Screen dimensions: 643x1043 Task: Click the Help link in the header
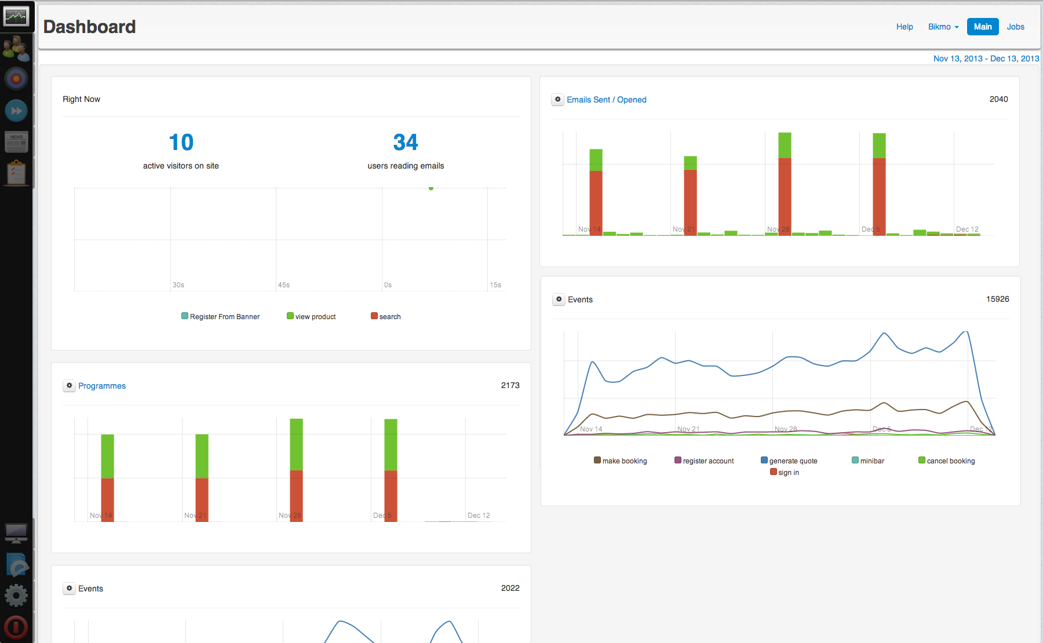pyautogui.click(x=904, y=27)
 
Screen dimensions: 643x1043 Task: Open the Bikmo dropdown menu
pyautogui.click(x=943, y=27)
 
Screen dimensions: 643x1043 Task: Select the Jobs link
pyautogui.click(x=1015, y=27)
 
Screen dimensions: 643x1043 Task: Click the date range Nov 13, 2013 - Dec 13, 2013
pyautogui.click(x=986, y=59)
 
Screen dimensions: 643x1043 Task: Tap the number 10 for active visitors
pyautogui.click(x=181, y=143)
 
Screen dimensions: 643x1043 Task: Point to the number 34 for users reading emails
pyautogui.click(x=406, y=143)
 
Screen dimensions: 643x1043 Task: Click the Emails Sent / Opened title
pyautogui.click(x=606, y=100)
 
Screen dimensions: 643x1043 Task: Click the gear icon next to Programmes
pyautogui.click(x=70, y=386)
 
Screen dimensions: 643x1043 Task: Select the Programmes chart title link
pyautogui.click(x=102, y=386)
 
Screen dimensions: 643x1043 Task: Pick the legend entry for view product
pyautogui.click(x=311, y=316)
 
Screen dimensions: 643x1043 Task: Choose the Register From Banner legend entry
pyautogui.click(x=220, y=316)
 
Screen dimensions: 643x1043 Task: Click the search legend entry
pyautogui.click(x=386, y=316)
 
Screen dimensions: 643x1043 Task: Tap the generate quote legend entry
pyautogui.click(x=789, y=461)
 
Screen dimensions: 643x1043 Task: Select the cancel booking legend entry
pyautogui.click(x=947, y=461)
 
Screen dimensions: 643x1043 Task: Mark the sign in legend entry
pyautogui.click(x=785, y=473)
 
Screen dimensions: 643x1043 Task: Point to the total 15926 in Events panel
pyautogui.click(x=997, y=299)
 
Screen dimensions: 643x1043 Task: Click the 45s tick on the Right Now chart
pyautogui.click(x=283, y=285)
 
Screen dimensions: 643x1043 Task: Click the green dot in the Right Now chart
pyautogui.click(x=431, y=188)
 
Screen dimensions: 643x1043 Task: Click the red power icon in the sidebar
pyautogui.click(x=16, y=627)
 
